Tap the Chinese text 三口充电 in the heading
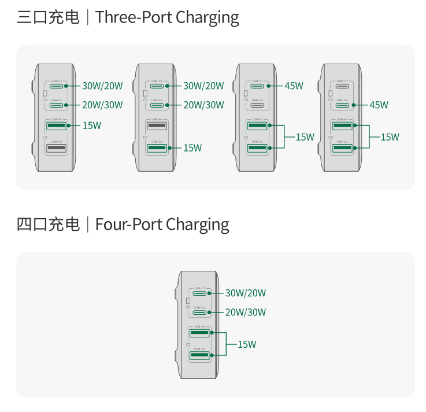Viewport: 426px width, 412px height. click(49, 17)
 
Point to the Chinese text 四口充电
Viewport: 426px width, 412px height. click(49, 224)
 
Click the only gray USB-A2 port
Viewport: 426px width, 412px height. click(55, 148)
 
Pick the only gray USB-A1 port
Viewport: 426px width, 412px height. click(157, 126)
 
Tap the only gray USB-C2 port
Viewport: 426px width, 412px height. click(257, 105)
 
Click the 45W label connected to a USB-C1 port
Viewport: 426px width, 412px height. click(294, 86)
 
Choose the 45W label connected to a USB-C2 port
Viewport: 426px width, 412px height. click(379, 105)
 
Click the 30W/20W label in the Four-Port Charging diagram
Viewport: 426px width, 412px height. click(246, 293)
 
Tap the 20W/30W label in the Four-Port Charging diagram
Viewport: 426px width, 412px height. click(246, 312)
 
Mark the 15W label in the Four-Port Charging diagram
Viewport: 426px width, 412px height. click(247, 344)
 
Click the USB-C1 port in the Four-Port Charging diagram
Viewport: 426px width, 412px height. click(199, 293)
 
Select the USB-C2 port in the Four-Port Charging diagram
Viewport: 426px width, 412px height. click(199, 312)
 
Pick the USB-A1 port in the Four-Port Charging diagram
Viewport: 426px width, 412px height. click(199, 333)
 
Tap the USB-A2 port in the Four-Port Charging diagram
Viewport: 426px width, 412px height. click(199, 355)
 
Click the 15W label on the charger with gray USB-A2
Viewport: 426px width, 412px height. click(91, 125)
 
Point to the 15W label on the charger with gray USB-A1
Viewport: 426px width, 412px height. click(192, 148)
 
